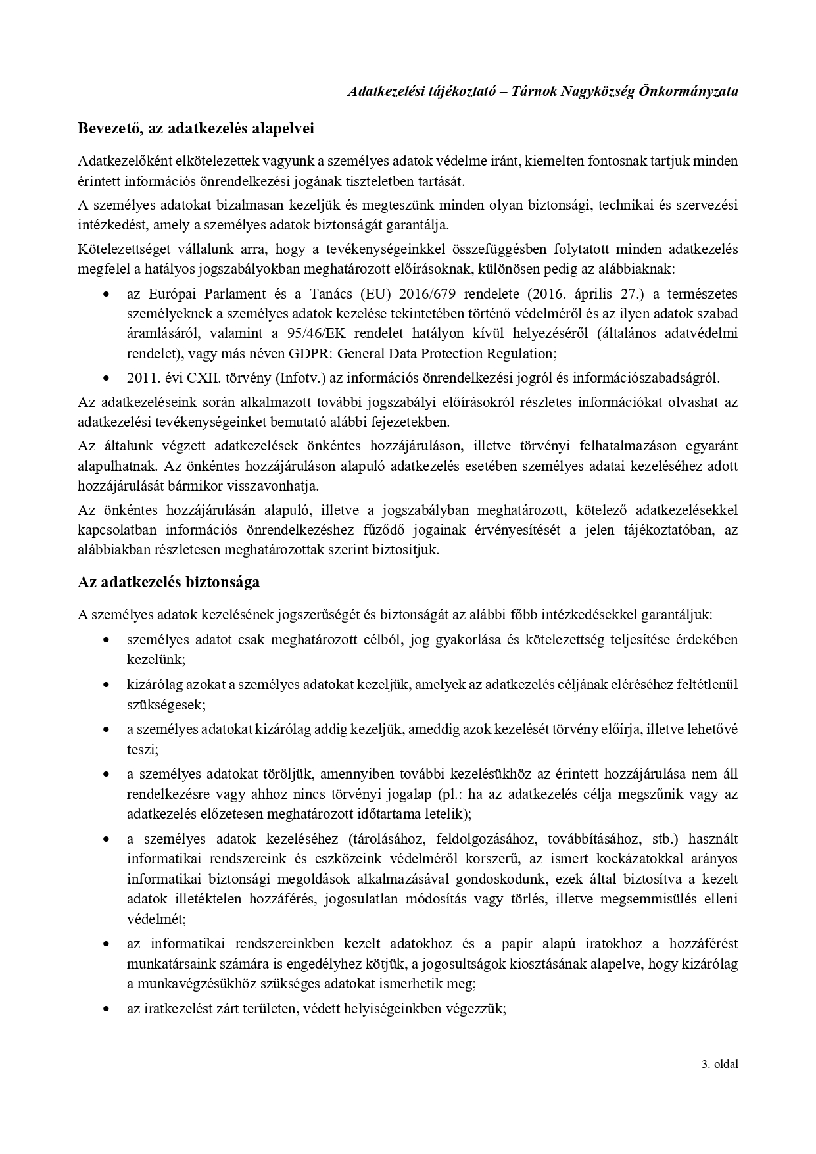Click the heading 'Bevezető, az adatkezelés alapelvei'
point(196,128)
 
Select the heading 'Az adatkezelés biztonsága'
point(168,582)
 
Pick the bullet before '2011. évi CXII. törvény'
point(106,379)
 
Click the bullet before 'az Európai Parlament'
point(106,294)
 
